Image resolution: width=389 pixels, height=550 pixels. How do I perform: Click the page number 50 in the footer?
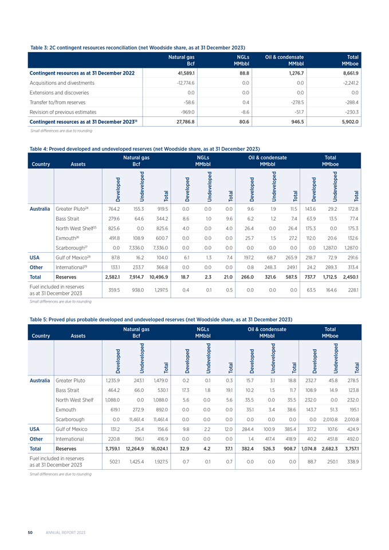(30, 532)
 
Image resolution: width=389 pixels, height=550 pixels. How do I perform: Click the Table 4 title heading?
(140, 148)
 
